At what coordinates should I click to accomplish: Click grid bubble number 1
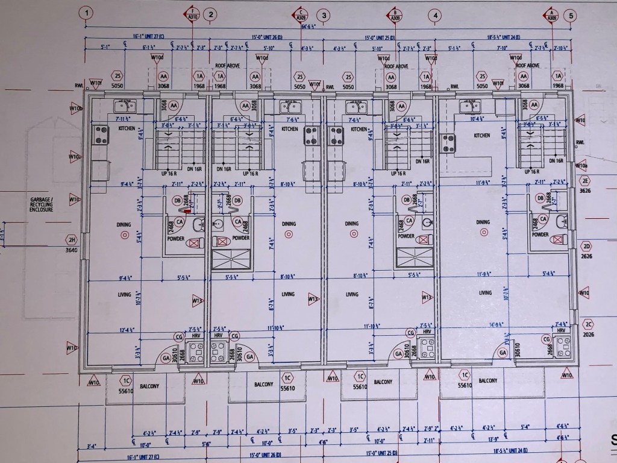pos(89,13)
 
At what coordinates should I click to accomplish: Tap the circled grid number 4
pos(434,16)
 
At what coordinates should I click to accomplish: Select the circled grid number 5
pos(568,16)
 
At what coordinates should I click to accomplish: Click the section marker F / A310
pos(192,14)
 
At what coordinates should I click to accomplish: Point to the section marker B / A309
pos(395,15)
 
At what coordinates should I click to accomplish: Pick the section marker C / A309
pos(300,15)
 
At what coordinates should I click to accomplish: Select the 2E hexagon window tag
pos(584,180)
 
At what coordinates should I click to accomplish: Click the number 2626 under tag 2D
pos(586,256)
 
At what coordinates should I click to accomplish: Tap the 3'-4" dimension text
pos(92,447)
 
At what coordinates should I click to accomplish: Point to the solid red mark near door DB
pos(187,211)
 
